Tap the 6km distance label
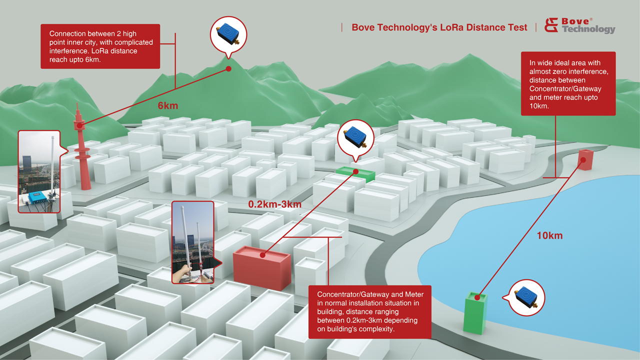tap(167, 106)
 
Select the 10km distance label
tap(549, 235)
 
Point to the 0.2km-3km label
tap(274, 204)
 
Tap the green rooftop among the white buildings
tap(355, 174)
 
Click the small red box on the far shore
tap(585, 159)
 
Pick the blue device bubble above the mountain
tap(228, 35)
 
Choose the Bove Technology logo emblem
tap(551, 25)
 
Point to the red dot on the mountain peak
tap(228, 69)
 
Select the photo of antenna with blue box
tap(38, 171)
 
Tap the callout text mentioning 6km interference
tap(100, 46)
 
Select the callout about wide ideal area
tap(568, 83)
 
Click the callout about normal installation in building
tap(369, 311)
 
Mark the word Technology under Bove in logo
tap(589, 29)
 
